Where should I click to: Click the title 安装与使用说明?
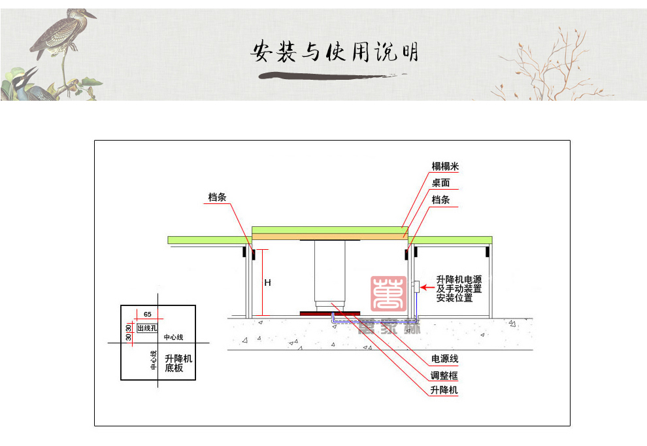pyautogui.click(x=335, y=52)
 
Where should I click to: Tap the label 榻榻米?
pyautogui.click(x=445, y=167)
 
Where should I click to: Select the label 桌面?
pyautogui.click(x=440, y=183)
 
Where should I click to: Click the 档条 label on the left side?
pyautogui.click(x=217, y=197)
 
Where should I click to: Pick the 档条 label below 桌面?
pyautogui.click(x=440, y=199)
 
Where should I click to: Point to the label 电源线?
pyautogui.click(x=444, y=360)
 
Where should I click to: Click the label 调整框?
pyautogui.click(x=444, y=375)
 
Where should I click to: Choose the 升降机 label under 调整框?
pyautogui.click(x=444, y=390)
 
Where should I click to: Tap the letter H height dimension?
pyautogui.click(x=267, y=283)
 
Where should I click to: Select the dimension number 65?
pyautogui.click(x=148, y=315)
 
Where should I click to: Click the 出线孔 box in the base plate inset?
pyautogui.click(x=146, y=328)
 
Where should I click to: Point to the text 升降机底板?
pyautogui.click(x=178, y=364)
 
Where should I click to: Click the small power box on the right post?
pyautogui.click(x=415, y=286)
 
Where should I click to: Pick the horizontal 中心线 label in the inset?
pyautogui.click(x=173, y=337)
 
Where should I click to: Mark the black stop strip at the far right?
pyautogui.click(x=488, y=252)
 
